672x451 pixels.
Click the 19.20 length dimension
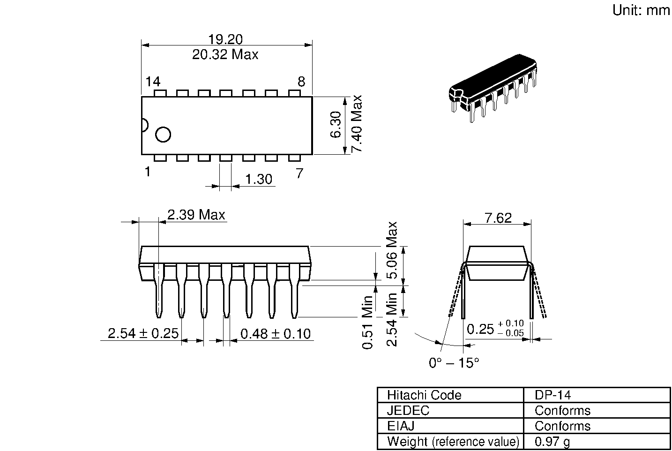point(225,39)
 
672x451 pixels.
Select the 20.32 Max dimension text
point(225,55)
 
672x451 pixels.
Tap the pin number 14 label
point(153,82)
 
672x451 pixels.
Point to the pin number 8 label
point(301,82)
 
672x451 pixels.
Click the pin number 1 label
point(148,172)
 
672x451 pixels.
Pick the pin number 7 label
point(299,173)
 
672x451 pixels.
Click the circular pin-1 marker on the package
point(163,135)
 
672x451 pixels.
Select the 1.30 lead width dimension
point(258,180)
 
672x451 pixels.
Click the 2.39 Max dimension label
point(196,215)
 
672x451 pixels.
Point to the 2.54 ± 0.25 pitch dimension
point(143,333)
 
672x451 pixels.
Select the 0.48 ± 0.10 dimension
point(275,334)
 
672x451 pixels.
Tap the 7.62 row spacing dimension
point(498,218)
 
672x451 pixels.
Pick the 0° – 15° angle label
point(454,362)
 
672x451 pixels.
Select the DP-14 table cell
point(553,395)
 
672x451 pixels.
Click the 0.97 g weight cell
point(553,442)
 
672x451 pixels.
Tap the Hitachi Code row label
point(424,395)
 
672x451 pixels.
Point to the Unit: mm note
point(641,10)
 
